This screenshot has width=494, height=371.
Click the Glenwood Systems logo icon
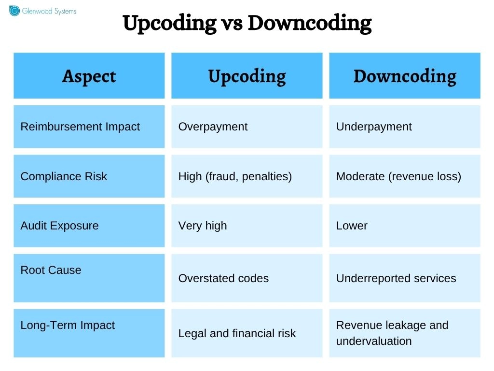point(14,11)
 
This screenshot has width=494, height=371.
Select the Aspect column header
point(89,76)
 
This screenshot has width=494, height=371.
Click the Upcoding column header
point(247,76)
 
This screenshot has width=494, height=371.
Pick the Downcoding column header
point(405,76)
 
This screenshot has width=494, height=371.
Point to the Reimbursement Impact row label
point(80,127)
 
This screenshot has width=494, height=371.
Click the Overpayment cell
point(213,127)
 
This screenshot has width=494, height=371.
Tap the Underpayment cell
point(374,127)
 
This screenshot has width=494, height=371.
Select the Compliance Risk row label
point(64,176)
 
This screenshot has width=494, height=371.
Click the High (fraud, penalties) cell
point(235,176)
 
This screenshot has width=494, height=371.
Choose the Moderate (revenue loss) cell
point(398,176)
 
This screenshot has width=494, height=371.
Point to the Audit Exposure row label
point(59,226)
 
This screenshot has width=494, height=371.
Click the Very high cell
point(203,226)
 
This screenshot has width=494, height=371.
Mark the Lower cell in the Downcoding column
point(352,226)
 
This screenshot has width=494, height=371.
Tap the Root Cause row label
point(51,270)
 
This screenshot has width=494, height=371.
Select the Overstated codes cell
point(223,278)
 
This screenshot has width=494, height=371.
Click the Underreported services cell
point(396,278)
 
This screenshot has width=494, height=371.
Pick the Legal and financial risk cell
point(237,333)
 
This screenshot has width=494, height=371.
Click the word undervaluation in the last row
point(374,341)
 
